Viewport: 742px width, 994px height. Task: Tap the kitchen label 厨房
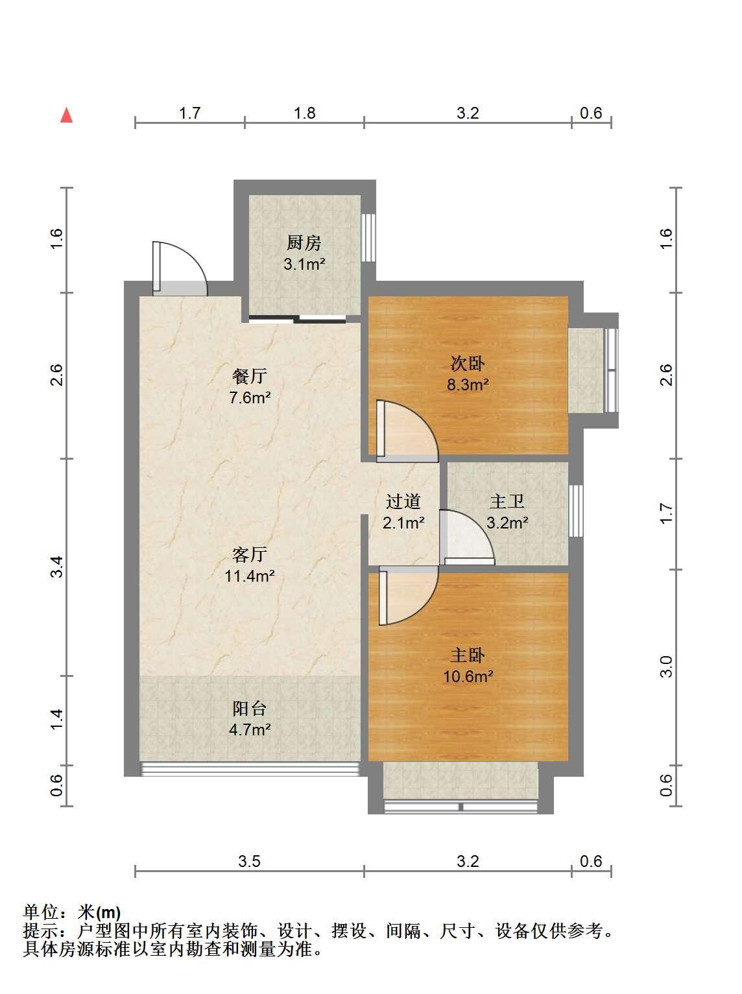(304, 243)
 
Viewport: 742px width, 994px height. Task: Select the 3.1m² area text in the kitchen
(304, 264)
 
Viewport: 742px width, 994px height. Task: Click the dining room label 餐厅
(250, 376)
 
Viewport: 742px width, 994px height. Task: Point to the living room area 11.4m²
(250, 576)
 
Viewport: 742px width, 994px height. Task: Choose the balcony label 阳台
(250, 709)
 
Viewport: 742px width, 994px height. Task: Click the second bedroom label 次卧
(468, 363)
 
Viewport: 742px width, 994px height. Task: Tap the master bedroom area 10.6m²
(468, 676)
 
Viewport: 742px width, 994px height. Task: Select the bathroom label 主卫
(507, 502)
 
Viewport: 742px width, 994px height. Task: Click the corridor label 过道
(403, 502)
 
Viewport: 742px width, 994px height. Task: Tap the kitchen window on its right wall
(369, 237)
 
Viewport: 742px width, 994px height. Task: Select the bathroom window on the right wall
(576, 511)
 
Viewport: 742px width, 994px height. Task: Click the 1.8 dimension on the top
(304, 113)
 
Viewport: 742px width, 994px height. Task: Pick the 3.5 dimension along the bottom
(250, 861)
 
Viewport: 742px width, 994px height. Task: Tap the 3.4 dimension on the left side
(56, 567)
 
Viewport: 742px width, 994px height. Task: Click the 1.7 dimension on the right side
(666, 514)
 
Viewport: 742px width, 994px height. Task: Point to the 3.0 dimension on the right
(666, 667)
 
